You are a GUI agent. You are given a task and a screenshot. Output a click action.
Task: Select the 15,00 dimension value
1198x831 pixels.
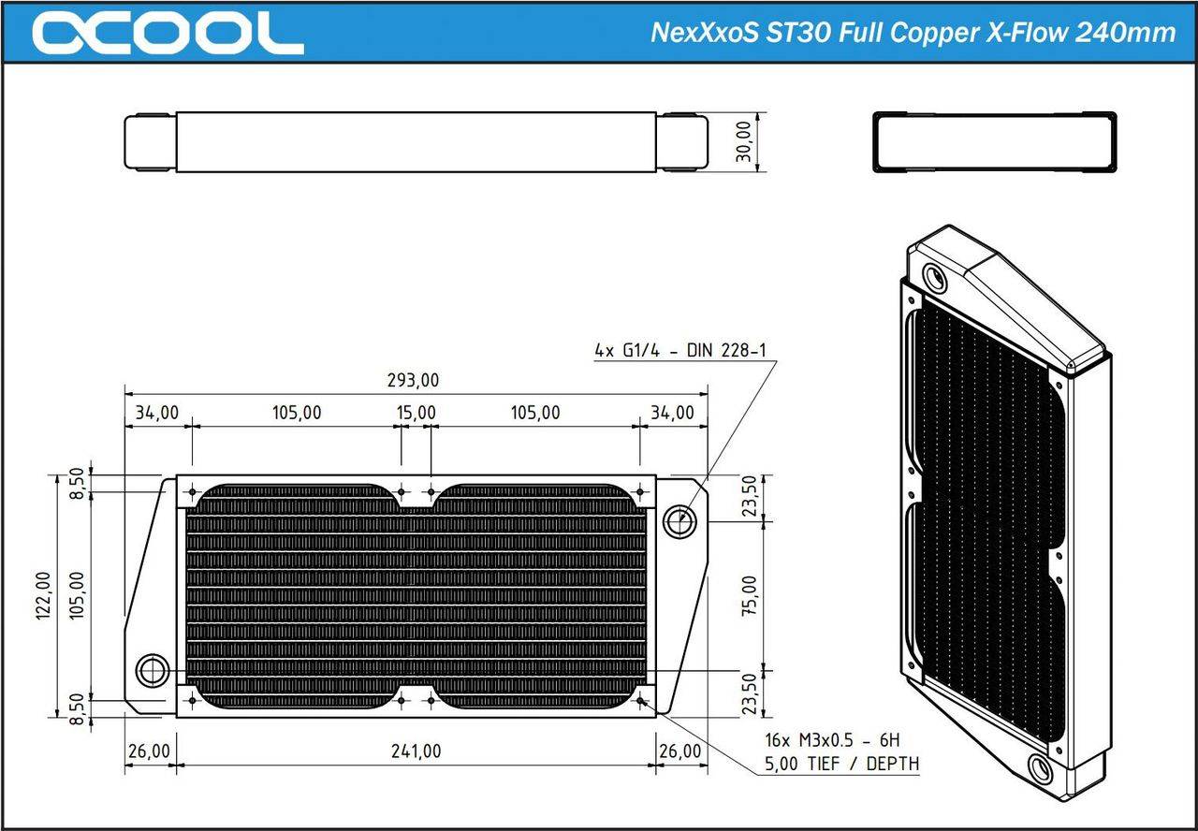pos(416,413)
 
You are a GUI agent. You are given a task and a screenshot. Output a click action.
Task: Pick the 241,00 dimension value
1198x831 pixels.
pos(416,751)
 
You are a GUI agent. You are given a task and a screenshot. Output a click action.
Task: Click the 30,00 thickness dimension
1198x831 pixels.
pos(746,142)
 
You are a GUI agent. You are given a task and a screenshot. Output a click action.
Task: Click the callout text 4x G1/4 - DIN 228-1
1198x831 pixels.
pos(680,351)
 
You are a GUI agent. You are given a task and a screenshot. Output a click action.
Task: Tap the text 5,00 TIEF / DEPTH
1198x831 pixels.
pos(841,764)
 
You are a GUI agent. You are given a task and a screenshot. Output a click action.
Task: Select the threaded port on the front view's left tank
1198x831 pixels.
pos(152,670)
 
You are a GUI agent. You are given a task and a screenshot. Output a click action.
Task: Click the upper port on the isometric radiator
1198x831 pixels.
pos(934,277)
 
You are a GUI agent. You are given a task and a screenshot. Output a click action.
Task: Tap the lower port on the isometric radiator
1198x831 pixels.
pos(1040,768)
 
